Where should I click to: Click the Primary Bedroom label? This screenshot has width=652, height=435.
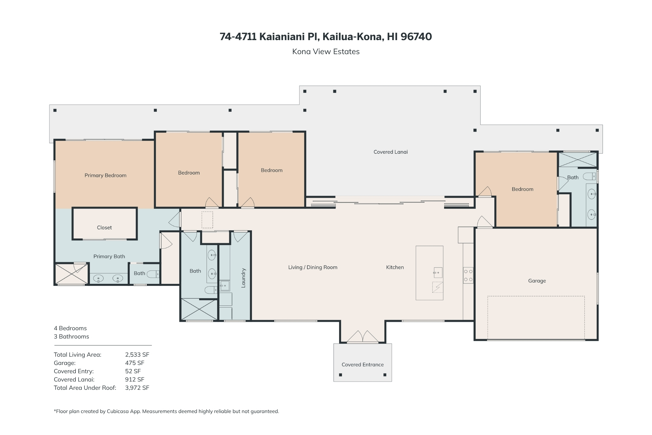105,175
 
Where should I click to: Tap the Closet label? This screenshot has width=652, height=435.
104,228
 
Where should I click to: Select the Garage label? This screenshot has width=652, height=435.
537,281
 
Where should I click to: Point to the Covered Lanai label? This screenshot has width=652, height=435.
391,152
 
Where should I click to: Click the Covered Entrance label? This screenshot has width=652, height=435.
363,365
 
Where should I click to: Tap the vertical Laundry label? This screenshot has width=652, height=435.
244,278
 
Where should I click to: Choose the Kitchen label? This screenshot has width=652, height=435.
395,267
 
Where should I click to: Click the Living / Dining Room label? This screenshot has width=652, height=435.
313,267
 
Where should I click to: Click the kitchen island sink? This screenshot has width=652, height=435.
438,273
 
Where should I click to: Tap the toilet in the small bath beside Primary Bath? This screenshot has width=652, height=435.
153,274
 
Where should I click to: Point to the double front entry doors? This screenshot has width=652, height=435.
363,337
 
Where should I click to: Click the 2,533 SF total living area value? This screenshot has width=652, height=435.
137,355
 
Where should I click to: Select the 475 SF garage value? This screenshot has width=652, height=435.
135,363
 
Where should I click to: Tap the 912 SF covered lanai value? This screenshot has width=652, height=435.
135,380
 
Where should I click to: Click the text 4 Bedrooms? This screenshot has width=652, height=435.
70,328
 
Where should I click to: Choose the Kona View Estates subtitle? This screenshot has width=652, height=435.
326,52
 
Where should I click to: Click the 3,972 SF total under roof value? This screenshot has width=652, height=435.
137,388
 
